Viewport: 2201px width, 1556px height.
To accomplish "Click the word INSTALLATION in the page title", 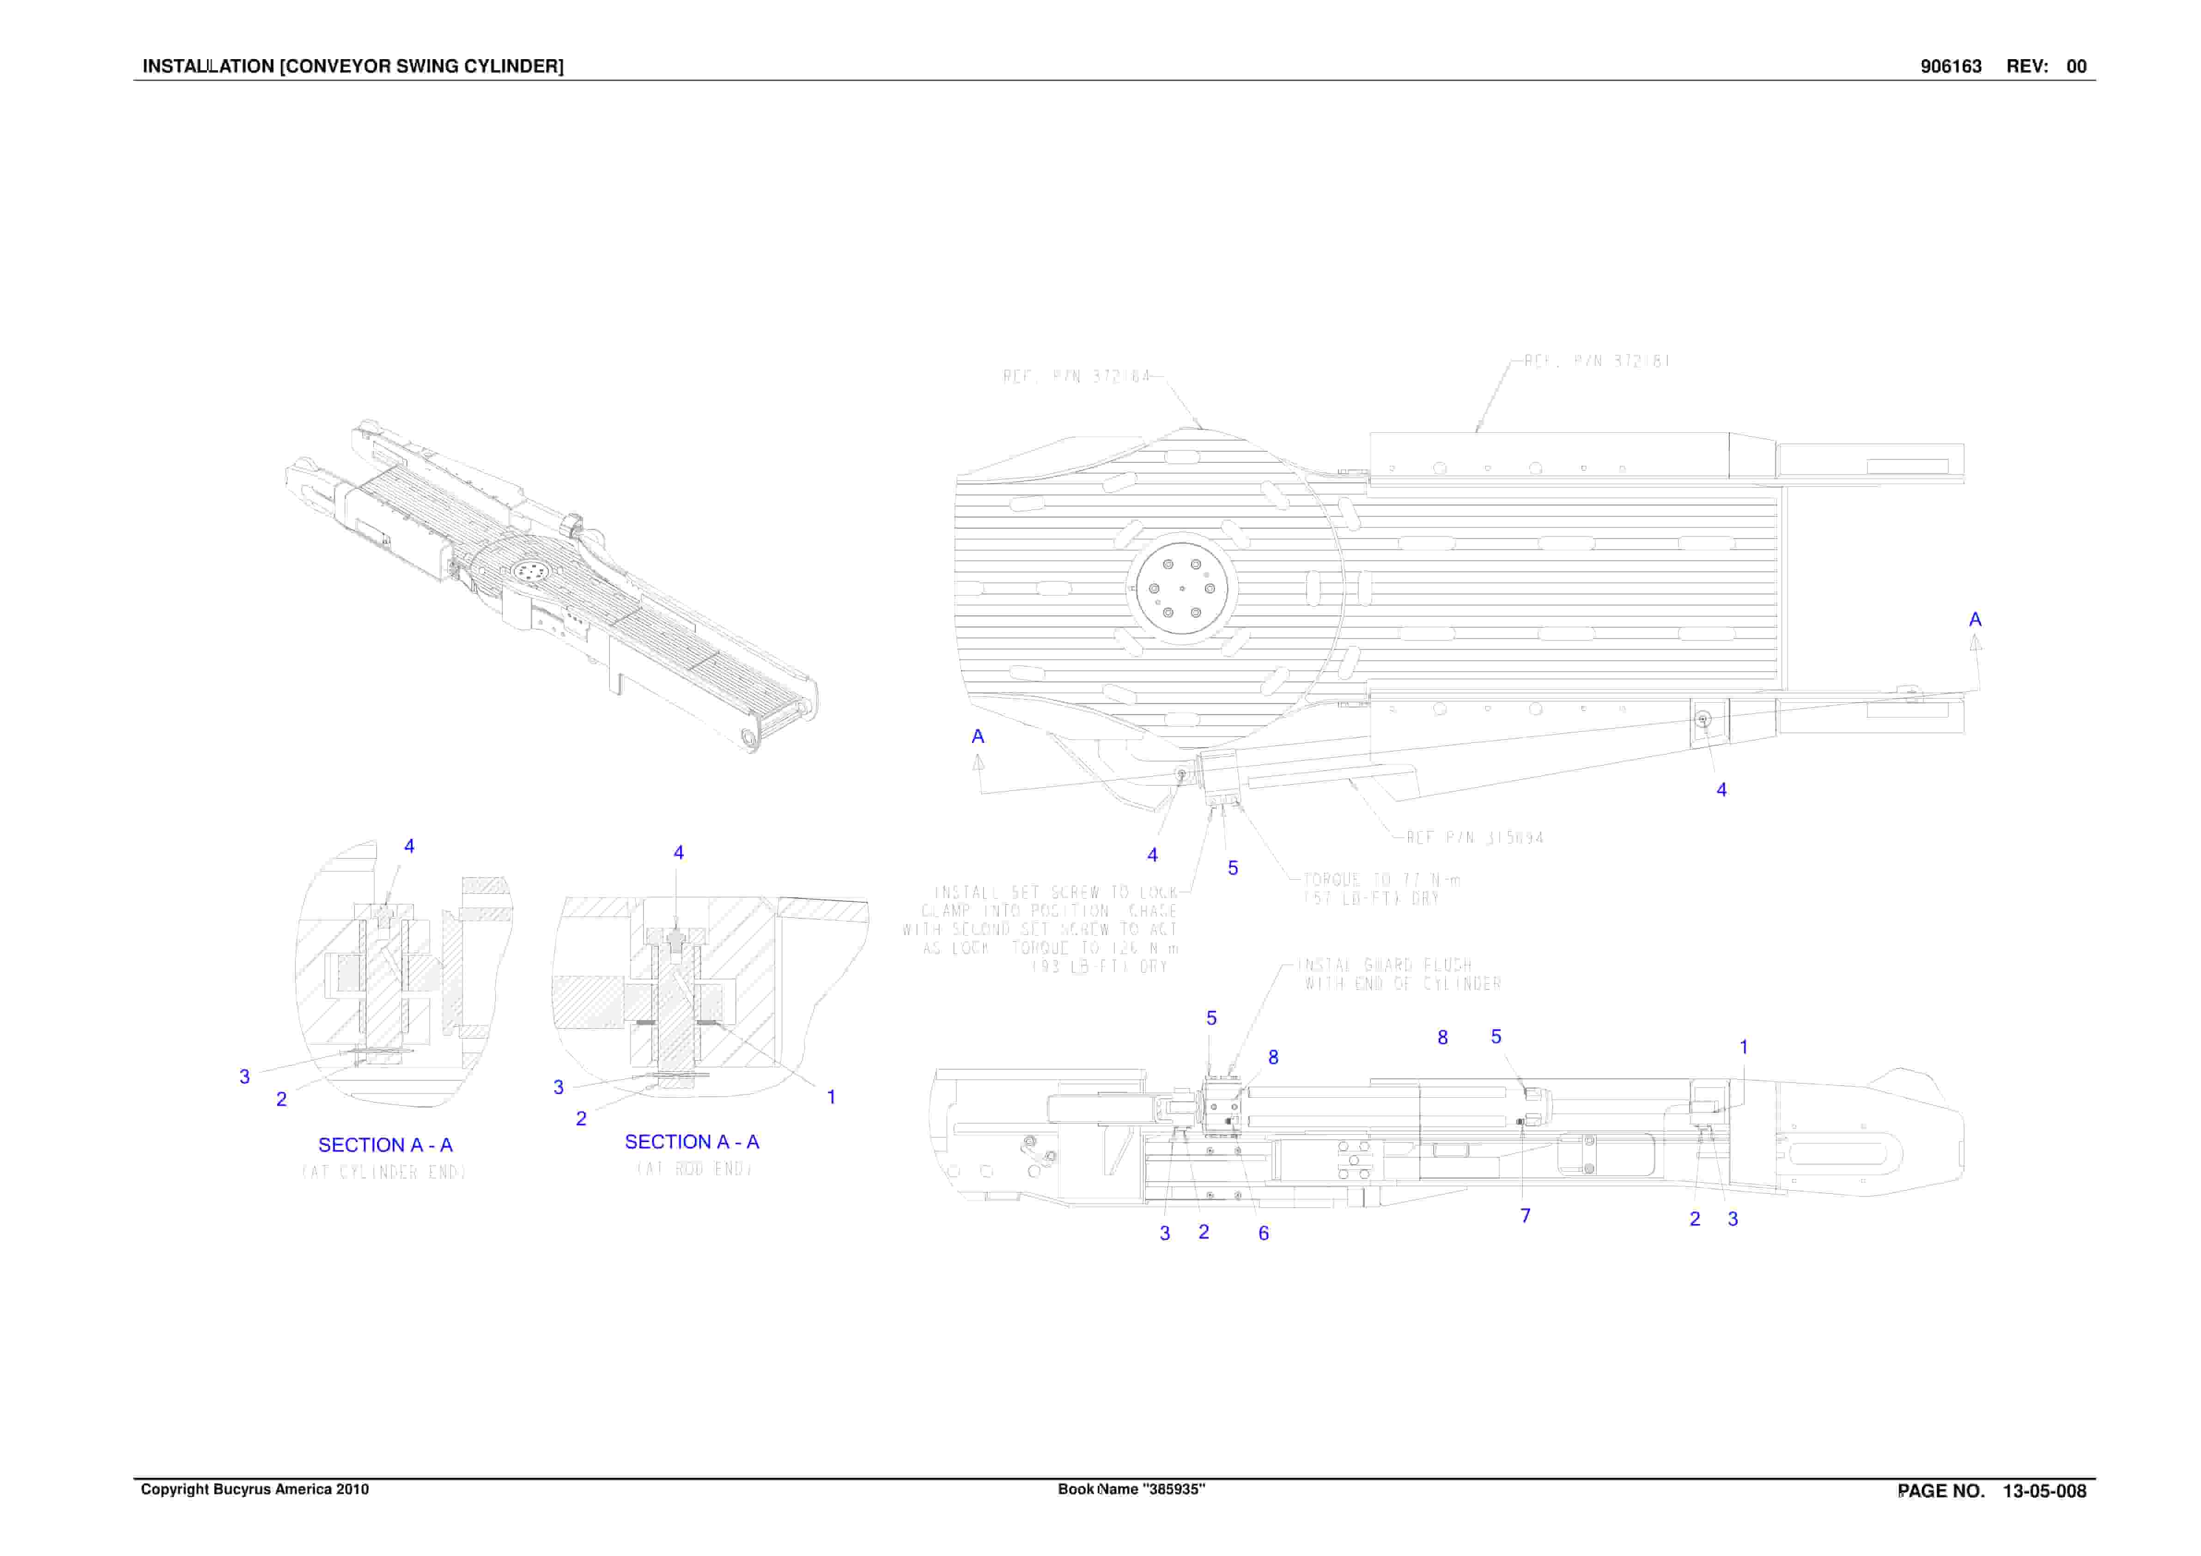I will tap(208, 66).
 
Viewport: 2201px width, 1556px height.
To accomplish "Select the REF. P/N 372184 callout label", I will tap(1076, 377).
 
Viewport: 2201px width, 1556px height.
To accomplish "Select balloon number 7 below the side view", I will tap(1525, 1216).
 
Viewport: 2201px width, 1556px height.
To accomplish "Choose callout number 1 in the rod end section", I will tap(831, 1097).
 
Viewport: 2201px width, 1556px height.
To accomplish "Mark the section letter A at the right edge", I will tap(1975, 620).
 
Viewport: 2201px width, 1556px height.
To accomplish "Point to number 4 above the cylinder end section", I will tap(409, 845).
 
